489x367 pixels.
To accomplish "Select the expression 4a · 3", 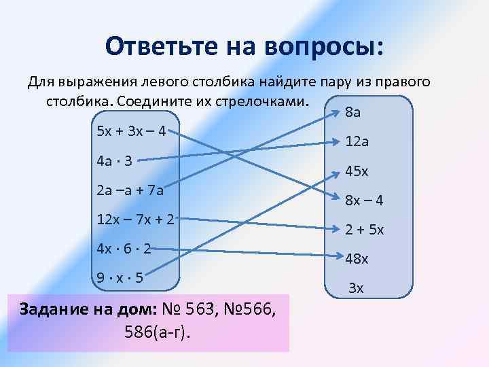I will (113, 161).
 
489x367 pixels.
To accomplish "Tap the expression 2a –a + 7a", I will (130, 190).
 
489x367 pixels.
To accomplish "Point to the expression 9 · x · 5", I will (119, 277).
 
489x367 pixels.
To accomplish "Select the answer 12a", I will (357, 142).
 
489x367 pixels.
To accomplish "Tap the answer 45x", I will (357, 171).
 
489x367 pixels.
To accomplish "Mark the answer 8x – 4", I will (365, 200).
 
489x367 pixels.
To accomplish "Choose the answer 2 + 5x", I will (365, 230).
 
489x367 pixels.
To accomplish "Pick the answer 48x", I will (357, 259).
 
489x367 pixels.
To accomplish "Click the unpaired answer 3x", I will (356, 288).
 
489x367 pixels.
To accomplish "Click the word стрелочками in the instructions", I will (265, 101).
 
